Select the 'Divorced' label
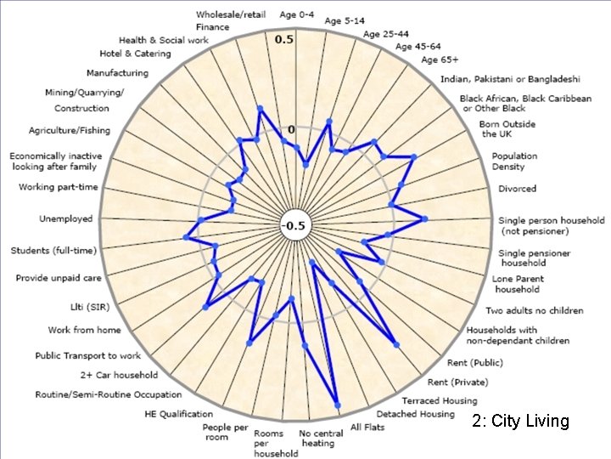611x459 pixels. click(517, 189)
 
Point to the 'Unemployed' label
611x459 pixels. click(65, 219)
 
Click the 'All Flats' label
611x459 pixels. click(367, 427)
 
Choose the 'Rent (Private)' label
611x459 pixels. click(458, 382)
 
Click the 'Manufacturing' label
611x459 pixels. click(117, 73)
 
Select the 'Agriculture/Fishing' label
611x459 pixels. click(69, 131)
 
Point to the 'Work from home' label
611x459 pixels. click(84, 330)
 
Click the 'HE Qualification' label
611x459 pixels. click(179, 414)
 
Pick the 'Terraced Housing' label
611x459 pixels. click(440, 400)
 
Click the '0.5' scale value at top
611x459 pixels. click(283, 40)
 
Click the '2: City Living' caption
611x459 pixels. click(521, 422)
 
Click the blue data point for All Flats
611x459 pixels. click(338, 405)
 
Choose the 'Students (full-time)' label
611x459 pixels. click(53, 251)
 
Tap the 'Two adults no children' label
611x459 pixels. click(535, 311)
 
